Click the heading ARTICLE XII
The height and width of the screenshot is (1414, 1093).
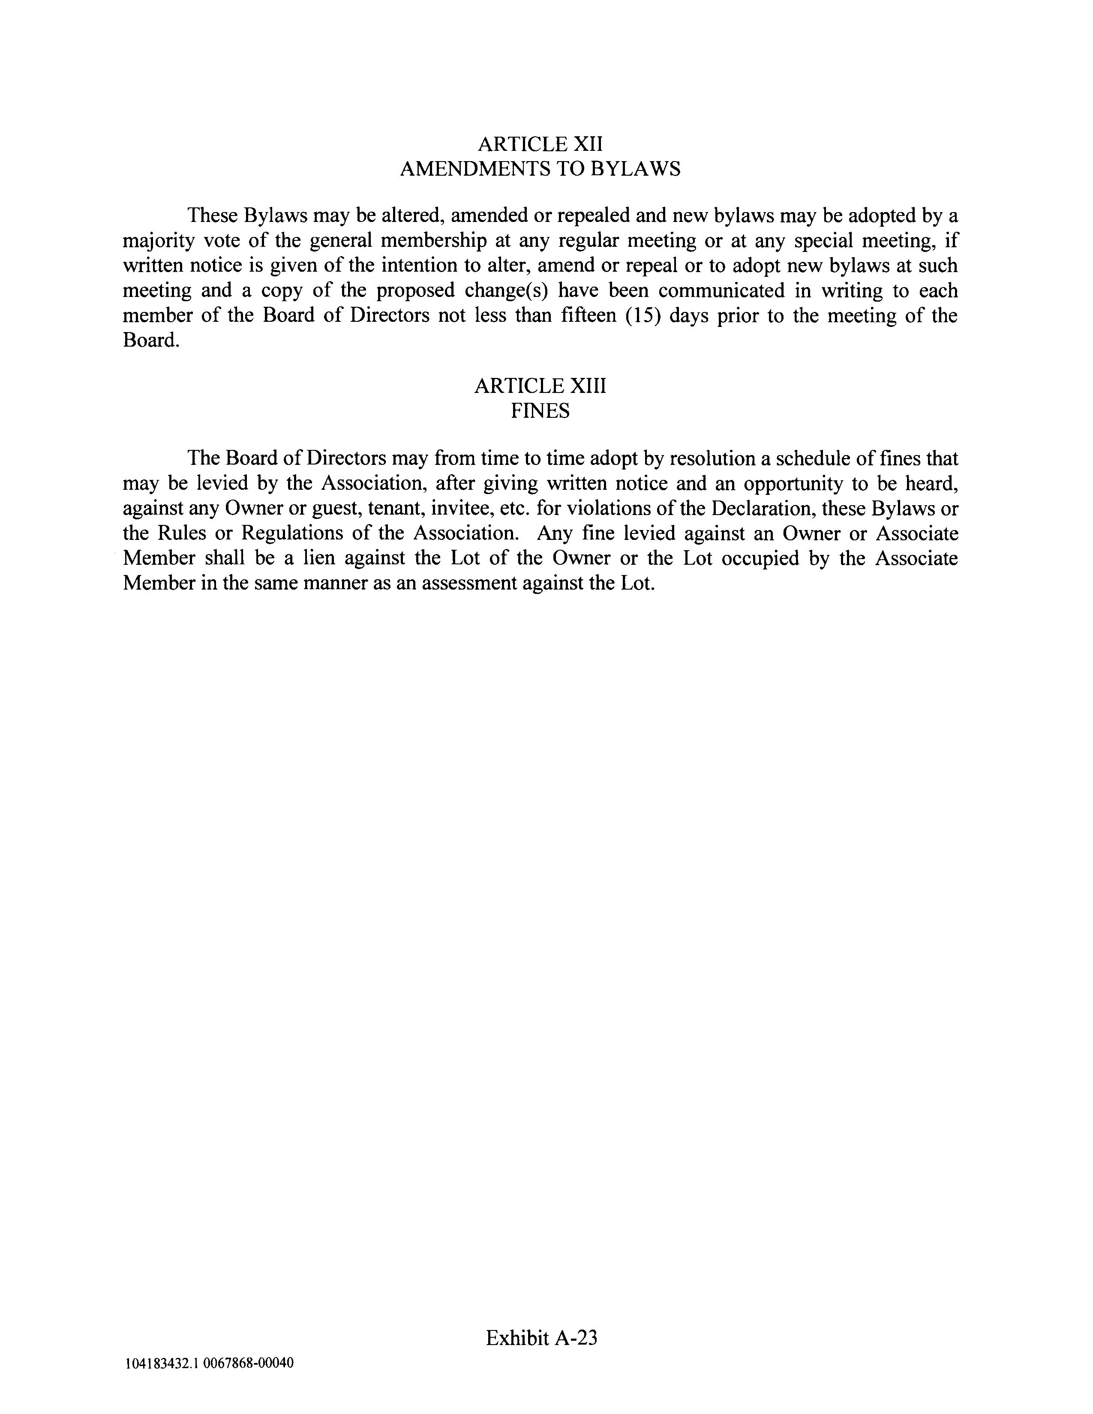click(x=540, y=144)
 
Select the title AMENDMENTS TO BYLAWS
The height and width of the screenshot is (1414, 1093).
click(x=540, y=169)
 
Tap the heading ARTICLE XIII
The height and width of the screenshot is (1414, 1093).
click(x=540, y=386)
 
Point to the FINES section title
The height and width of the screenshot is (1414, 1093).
click(x=540, y=411)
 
